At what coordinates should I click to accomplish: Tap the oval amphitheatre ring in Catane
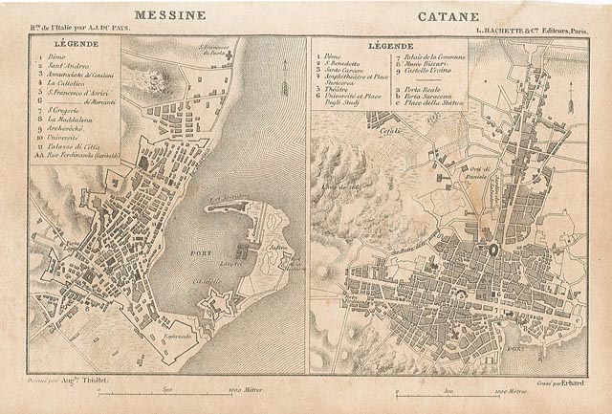coord(492,248)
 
